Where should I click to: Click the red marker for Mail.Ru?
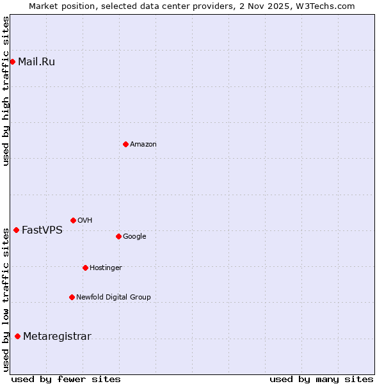click(x=12, y=61)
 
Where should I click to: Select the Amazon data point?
click(x=125, y=144)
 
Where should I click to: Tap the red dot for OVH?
click(x=73, y=220)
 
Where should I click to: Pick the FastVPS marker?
click(x=16, y=230)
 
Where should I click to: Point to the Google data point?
click(x=118, y=236)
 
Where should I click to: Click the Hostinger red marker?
click(x=85, y=268)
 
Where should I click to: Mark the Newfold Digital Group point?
click(x=72, y=297)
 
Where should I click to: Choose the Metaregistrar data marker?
click(x=17, y=337)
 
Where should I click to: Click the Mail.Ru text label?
click(x=36, y=62)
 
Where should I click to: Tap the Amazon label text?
click(x=143, y=145)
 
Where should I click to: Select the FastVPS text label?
click(x=42, y=230)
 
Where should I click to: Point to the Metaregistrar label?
click(x=57, y=337)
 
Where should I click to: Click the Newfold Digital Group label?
click(x=113, y=297)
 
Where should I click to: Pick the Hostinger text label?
click(x=106, y=268)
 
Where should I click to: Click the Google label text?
click(x=134, y=237)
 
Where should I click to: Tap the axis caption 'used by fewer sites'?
click(x=66, y=379)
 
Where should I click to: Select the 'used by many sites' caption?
click(x=321, y=379)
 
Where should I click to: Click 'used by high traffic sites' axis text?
click(x=6, y=91)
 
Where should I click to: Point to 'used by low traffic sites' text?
click(x=6, y=298)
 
